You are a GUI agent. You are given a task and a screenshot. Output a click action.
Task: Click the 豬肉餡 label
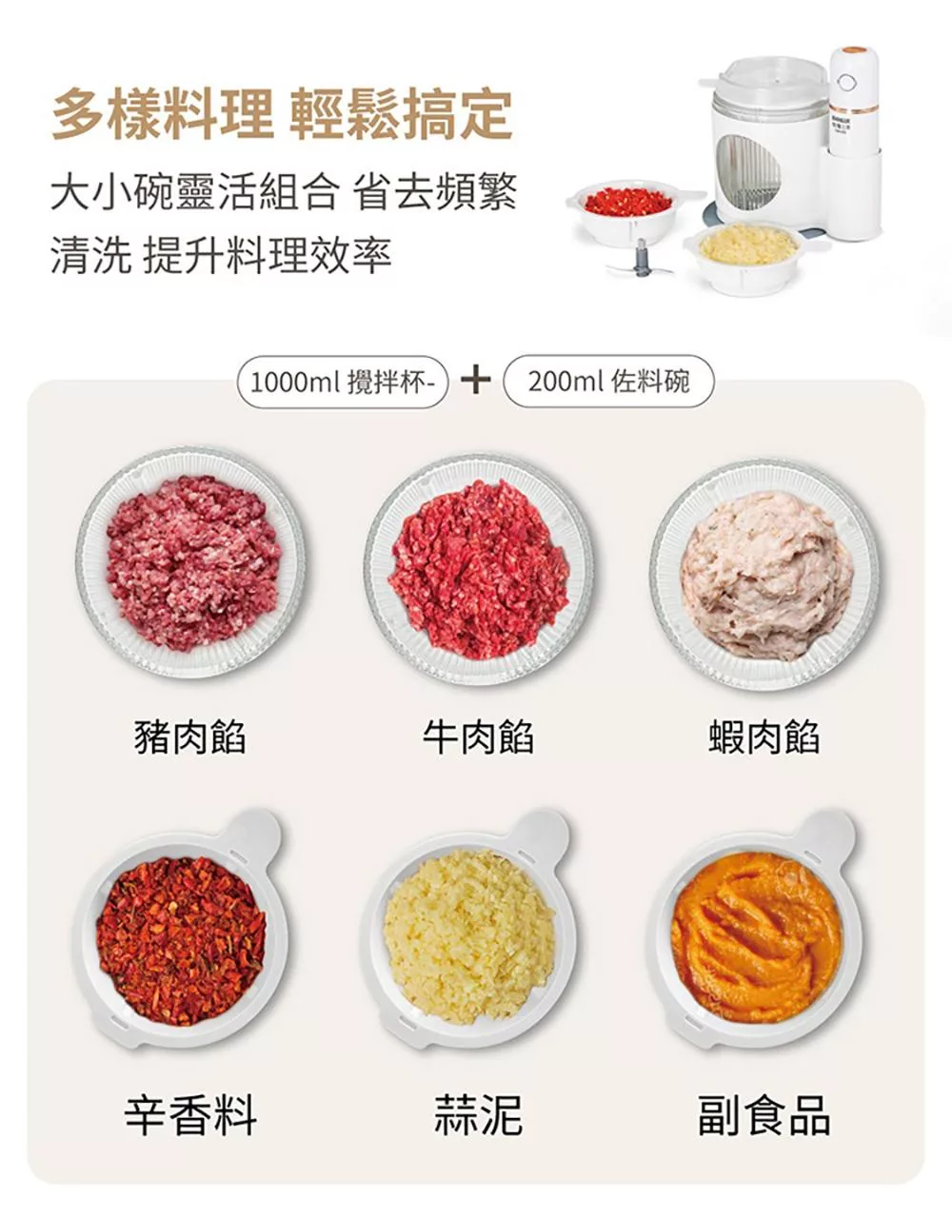(190, 736)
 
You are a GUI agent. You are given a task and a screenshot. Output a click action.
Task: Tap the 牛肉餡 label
(478, 736)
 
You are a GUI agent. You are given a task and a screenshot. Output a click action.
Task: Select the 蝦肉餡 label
(764, 736)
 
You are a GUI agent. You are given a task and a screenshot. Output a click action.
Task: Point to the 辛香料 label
(190, 1114)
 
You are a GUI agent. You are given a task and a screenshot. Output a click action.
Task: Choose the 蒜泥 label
(478, 1114)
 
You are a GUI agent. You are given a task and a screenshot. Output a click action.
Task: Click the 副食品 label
(764, 1114)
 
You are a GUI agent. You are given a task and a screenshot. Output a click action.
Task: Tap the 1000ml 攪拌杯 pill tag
(342, 382)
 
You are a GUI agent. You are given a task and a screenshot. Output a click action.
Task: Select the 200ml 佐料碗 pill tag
(608, 382)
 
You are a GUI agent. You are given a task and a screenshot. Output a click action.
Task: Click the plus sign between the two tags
(475, 381)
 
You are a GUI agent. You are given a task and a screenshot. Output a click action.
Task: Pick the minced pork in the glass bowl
(192, 563)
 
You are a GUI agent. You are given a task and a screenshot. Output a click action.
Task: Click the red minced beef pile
(478, 568)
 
